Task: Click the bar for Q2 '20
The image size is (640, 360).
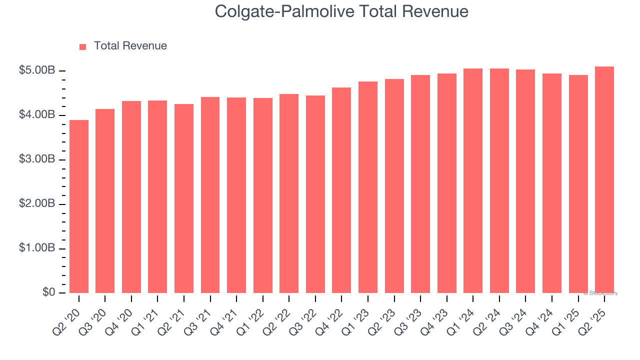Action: (79, 206)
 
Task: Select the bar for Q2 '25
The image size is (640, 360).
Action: (604, 179)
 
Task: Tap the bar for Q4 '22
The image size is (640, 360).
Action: (341, 190)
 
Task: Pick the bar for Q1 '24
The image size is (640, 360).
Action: (473, 180)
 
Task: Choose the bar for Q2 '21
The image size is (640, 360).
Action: (184, 198)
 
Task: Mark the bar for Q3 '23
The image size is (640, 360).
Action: (420, 184)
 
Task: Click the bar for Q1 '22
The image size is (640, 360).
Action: (263, 195)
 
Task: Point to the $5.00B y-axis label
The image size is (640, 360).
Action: (37, 70)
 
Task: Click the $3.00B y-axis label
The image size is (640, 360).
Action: (37, 159)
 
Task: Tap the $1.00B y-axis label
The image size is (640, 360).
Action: (37, 248)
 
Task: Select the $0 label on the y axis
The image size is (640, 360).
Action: (48, 292)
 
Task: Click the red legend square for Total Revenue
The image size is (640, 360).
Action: (83, 46)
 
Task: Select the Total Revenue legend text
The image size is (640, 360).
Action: (130, 46)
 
